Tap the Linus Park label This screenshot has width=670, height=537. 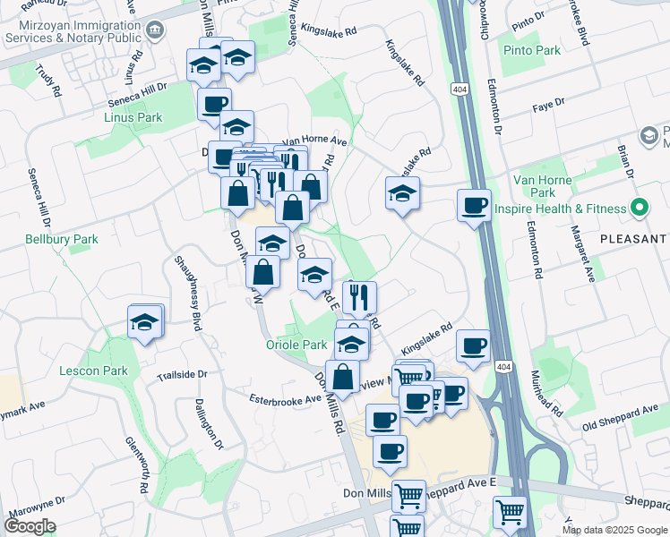tap(132, 117)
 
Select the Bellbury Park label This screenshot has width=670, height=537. tap(62, 239)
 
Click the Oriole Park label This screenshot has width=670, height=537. tap(296, 345)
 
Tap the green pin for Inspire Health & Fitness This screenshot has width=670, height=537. tap(638, 209)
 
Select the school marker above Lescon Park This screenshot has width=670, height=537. tap(144, 321)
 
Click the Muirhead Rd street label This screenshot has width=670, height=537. tap(546, 394)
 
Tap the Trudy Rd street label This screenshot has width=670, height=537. tap(46, 78)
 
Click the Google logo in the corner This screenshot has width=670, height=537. tap(30, 526)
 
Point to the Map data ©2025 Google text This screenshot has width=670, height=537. tap(614, 530)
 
